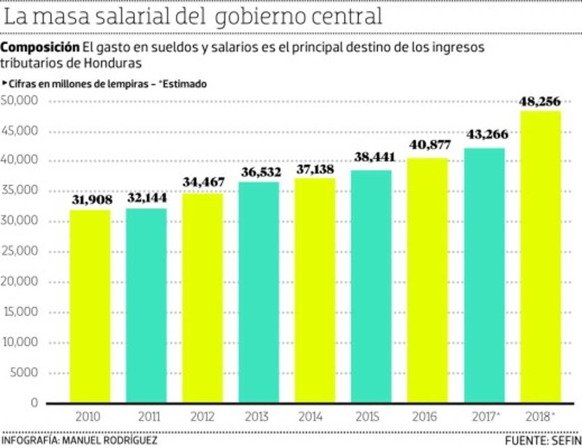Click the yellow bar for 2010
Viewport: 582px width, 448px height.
click(x=90, y=306)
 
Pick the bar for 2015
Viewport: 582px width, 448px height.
click(x=371, y=286)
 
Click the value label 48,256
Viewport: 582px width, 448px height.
click(x=540, y=102)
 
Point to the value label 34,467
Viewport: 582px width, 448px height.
click(x=203, y=182)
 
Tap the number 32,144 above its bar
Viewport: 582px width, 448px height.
click(x=147, y=198)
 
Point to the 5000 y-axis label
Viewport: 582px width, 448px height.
click(x=27, y=373)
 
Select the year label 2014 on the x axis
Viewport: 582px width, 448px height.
click(x=314, y=417)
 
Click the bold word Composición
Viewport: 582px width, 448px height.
click(x=40, y=48)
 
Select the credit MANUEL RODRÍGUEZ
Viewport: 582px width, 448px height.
click(x=110, y=441)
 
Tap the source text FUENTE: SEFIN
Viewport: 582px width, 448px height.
click(x=543, y=441)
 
